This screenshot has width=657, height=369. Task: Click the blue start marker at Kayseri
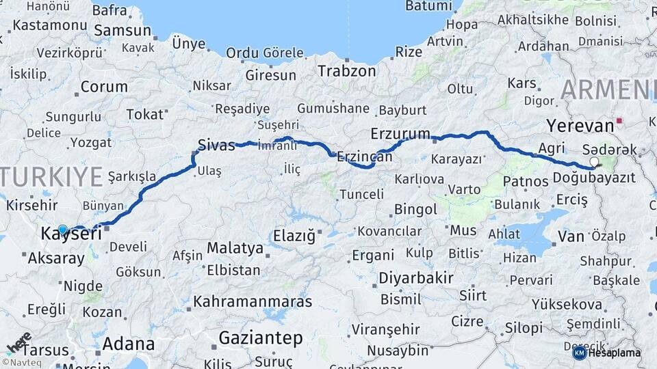[x=63, y=230]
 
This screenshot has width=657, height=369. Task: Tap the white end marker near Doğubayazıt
[x=594, y=162]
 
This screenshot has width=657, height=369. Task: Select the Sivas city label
[x=216, y=145]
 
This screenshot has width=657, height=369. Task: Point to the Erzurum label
[x=400, y=133]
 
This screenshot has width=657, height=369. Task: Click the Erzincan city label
[x=364, y=156]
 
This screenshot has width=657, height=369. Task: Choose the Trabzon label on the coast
[x=347, y=70]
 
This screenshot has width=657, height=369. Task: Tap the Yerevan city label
[x=580, y=126]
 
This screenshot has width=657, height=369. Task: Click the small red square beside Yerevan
[x=619, y=121]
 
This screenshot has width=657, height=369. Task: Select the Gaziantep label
[x=261, y=338]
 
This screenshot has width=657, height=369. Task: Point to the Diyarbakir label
[x=416, y=278]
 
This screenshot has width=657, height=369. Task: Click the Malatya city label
[x=235, y=247]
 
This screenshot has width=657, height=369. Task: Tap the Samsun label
[x=123, y=30]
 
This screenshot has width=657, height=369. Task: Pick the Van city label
[x=571, y=236]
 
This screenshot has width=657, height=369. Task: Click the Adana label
[x=129, y=344]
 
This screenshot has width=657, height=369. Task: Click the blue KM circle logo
[x=579, y=353]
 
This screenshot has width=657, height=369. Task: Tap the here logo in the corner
[x=18, y=344]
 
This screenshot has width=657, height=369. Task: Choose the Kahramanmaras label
[x=253, y=301]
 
